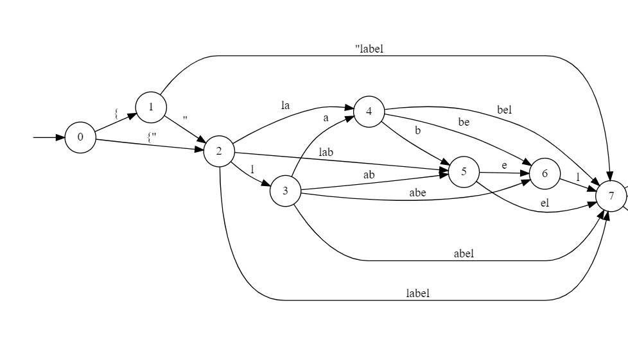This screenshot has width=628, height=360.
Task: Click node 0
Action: (80, 137)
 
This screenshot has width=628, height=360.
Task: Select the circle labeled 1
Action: (151, 107)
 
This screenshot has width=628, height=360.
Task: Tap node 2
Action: (219, 151)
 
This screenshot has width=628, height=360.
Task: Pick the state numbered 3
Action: (285, 191)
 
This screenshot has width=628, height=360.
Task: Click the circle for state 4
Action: (369, 112)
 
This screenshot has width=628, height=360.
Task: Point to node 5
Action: (464, 172)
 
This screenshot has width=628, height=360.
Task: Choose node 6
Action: (545, 174)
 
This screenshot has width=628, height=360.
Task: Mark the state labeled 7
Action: (611, 196)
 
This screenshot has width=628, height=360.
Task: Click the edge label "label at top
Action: (369, 49)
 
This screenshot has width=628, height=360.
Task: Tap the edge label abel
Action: (464, 253)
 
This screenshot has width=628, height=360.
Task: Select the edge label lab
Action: (326, 153)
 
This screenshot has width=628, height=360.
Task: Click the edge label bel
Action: (504, 110)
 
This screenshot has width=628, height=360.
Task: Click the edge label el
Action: (545, 203)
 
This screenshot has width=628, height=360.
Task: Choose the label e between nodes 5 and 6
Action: (504, 166)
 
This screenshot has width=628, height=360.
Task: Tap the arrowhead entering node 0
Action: (59, 137)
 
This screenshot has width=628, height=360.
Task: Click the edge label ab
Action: (369, 175)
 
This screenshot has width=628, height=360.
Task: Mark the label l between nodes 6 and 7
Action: (578, 176)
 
